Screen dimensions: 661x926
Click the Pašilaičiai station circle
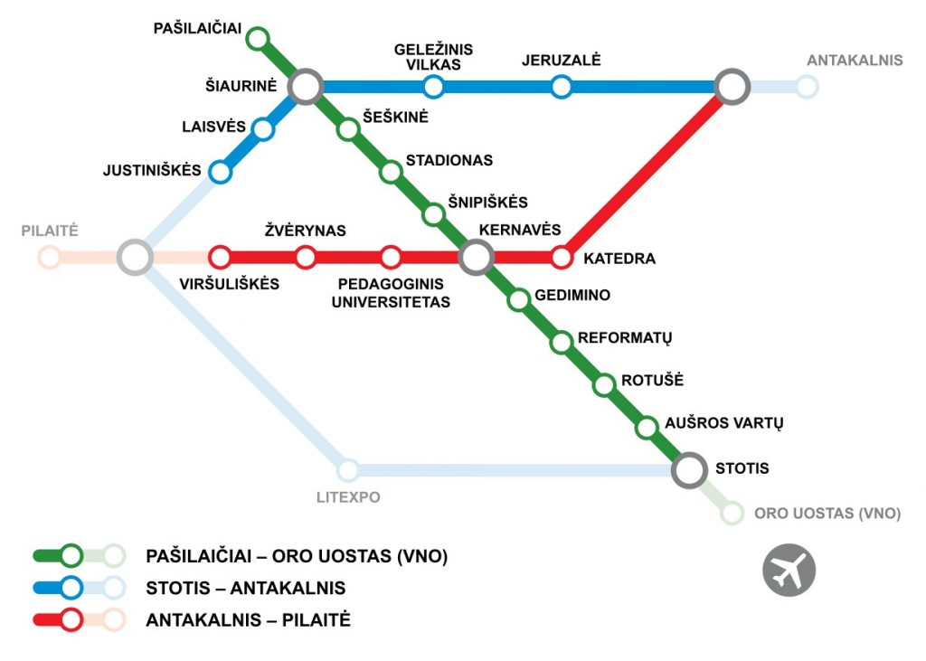coord(258,38)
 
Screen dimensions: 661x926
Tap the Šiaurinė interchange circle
coord(306,87)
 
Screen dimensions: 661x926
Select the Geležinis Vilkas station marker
coord(434,87)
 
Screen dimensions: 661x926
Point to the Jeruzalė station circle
coord(562,87)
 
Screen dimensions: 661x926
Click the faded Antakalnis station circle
coord(807,87)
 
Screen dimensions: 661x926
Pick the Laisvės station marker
coord(263,129)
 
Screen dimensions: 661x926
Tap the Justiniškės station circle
coord(220,172)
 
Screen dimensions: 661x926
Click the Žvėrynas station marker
coord(306,258)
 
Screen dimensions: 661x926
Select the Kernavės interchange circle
coord(476,258)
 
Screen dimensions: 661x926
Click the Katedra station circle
coord(562,258)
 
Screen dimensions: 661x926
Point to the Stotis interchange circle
coord(689,469)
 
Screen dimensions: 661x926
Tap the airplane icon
coord(789,570)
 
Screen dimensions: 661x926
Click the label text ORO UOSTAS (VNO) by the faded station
coord(827,514)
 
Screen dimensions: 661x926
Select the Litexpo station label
coord(348,496)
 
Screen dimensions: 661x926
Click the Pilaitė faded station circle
coord(50,258)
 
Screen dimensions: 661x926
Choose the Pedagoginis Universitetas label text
coord(391,293)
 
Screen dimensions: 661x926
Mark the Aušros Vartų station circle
coord(647,427)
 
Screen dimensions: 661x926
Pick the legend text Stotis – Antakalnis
coord(245,588)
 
